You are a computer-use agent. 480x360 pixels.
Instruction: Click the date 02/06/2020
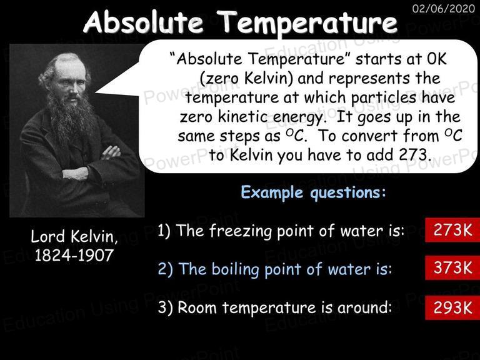coord(444,8)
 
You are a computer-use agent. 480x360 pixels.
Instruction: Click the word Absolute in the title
coord(143,22)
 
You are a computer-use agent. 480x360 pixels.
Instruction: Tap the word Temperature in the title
coord(309,24)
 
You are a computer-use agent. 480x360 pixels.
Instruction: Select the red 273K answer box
coord(452,230)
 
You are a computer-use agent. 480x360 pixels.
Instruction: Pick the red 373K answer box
coord(452,267)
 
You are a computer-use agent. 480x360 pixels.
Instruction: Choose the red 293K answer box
coord(452,307)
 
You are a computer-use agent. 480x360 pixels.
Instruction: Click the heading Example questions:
coord(313,193)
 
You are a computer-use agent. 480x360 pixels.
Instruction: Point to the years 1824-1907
coord(74,255)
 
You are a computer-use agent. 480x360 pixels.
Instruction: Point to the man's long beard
coord(71,118)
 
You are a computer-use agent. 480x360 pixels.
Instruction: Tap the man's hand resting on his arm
coord(111,152)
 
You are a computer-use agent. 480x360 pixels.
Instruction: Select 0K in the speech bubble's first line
coord(436,59)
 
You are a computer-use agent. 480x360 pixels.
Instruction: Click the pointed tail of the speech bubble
coord(96,91)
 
